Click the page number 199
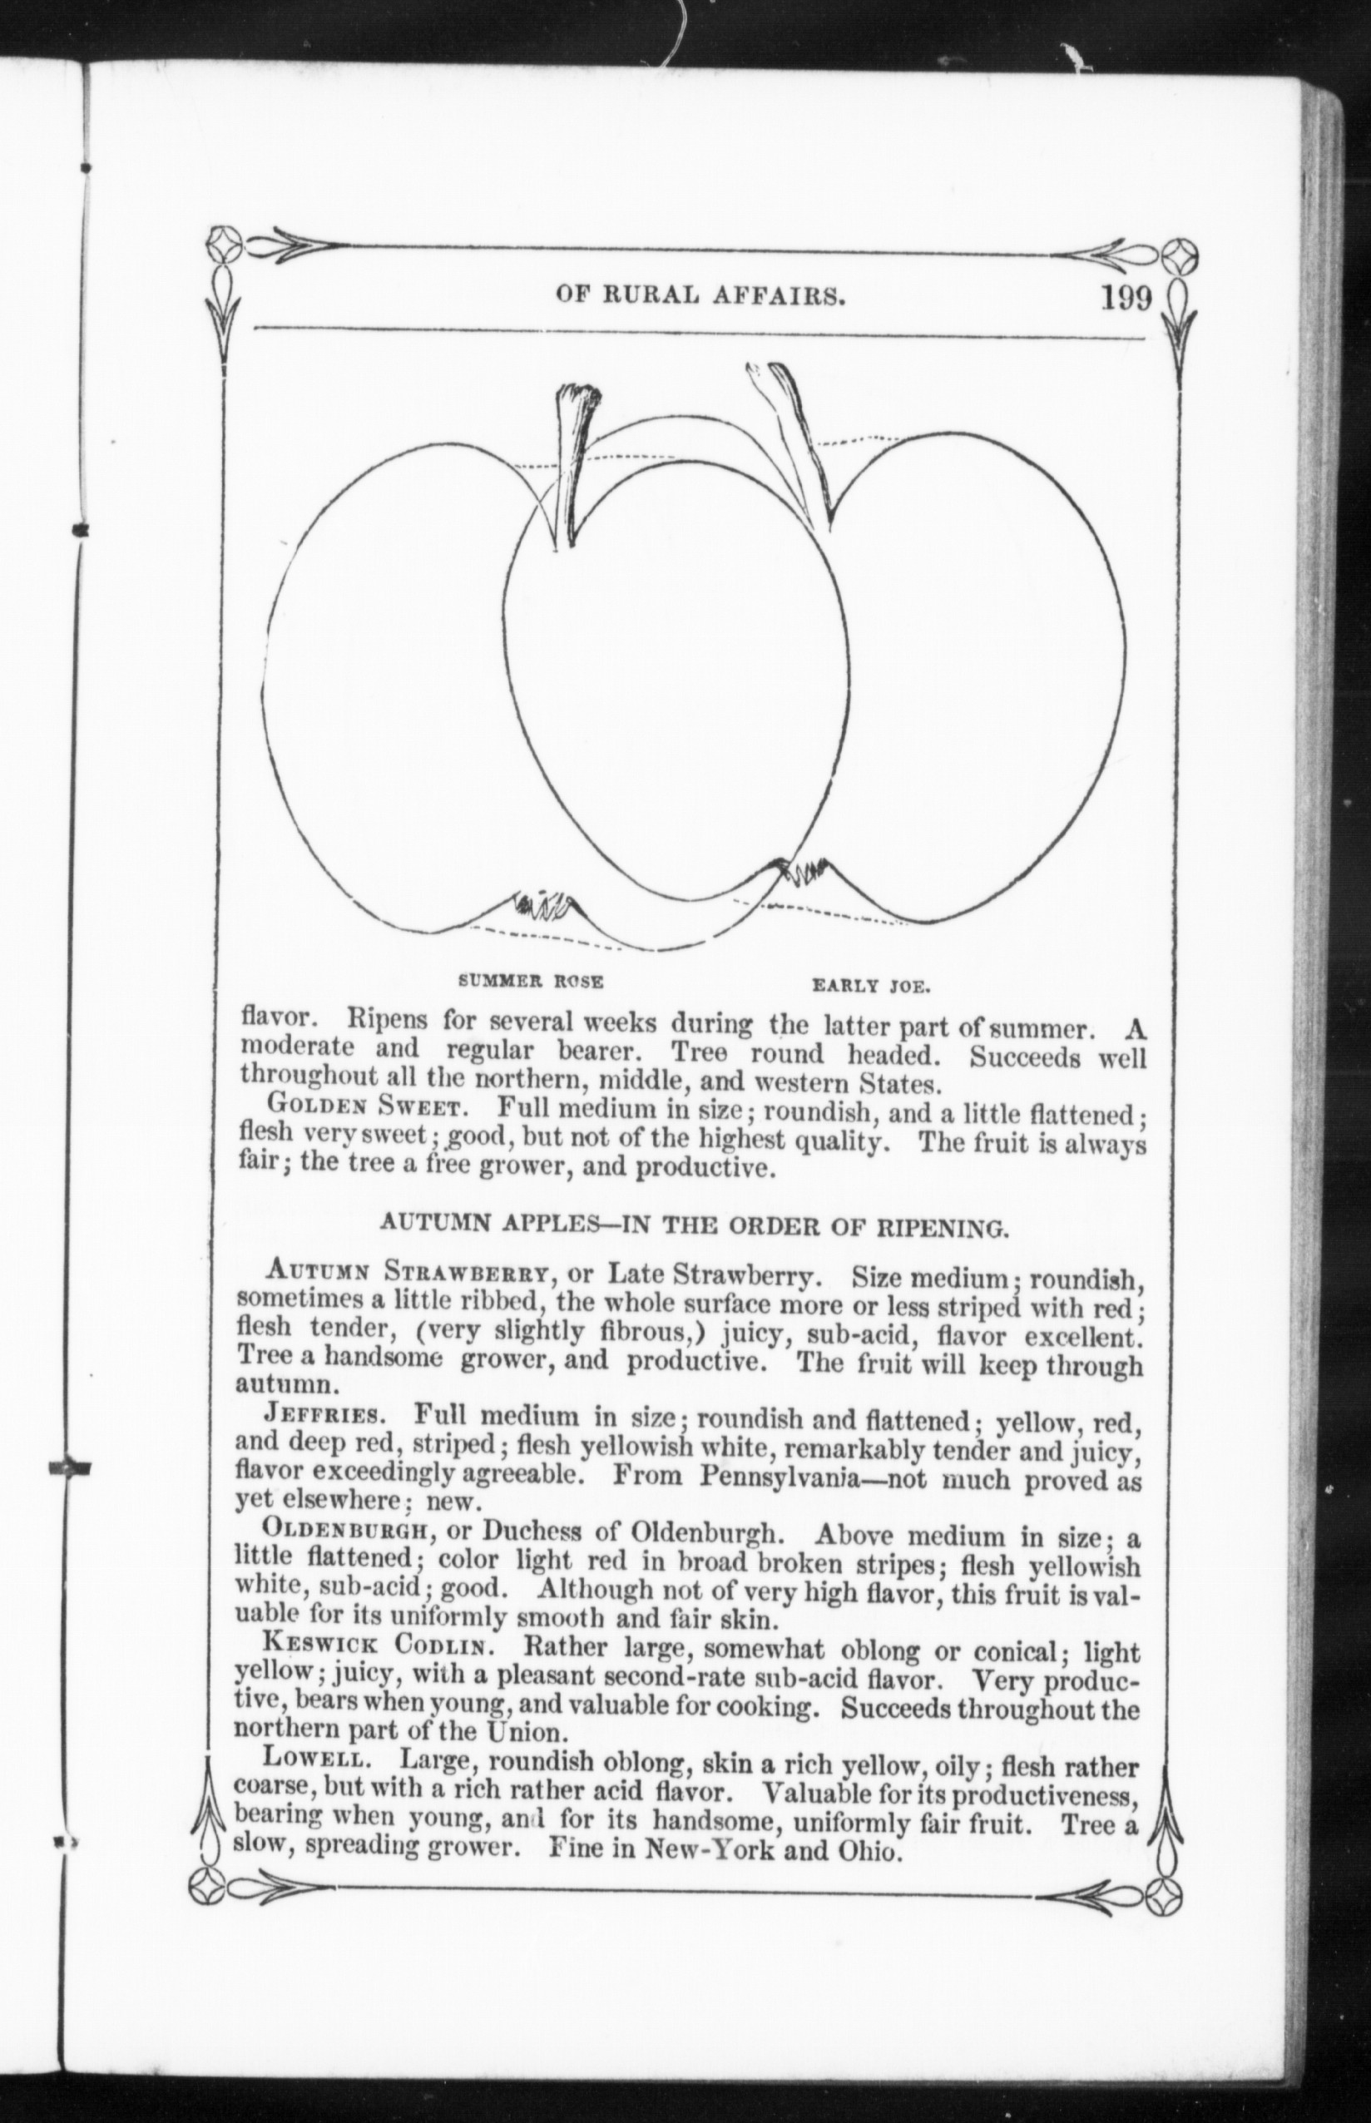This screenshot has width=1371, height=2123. pos(1126,295)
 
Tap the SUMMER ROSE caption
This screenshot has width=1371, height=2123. pos(530,982)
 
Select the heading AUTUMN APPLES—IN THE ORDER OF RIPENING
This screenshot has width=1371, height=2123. pos(695,1229)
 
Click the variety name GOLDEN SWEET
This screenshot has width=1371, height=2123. pos(364,1109)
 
